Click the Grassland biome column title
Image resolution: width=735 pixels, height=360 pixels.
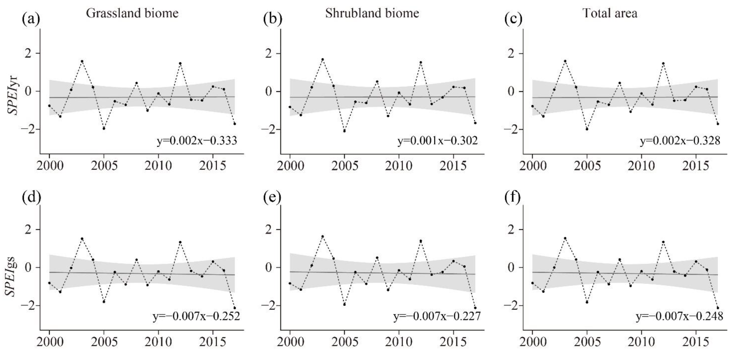pos(132,13)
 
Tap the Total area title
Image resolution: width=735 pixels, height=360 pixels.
pos(610,13)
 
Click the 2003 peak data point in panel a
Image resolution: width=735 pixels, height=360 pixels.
pos(82,61)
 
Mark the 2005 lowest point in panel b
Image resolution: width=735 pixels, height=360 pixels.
pos(344,131)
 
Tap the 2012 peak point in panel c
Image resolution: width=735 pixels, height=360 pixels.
pos(663,63)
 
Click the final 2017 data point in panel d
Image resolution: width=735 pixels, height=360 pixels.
pos(234,308)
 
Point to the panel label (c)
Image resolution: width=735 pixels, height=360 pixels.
pos(513,19)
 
